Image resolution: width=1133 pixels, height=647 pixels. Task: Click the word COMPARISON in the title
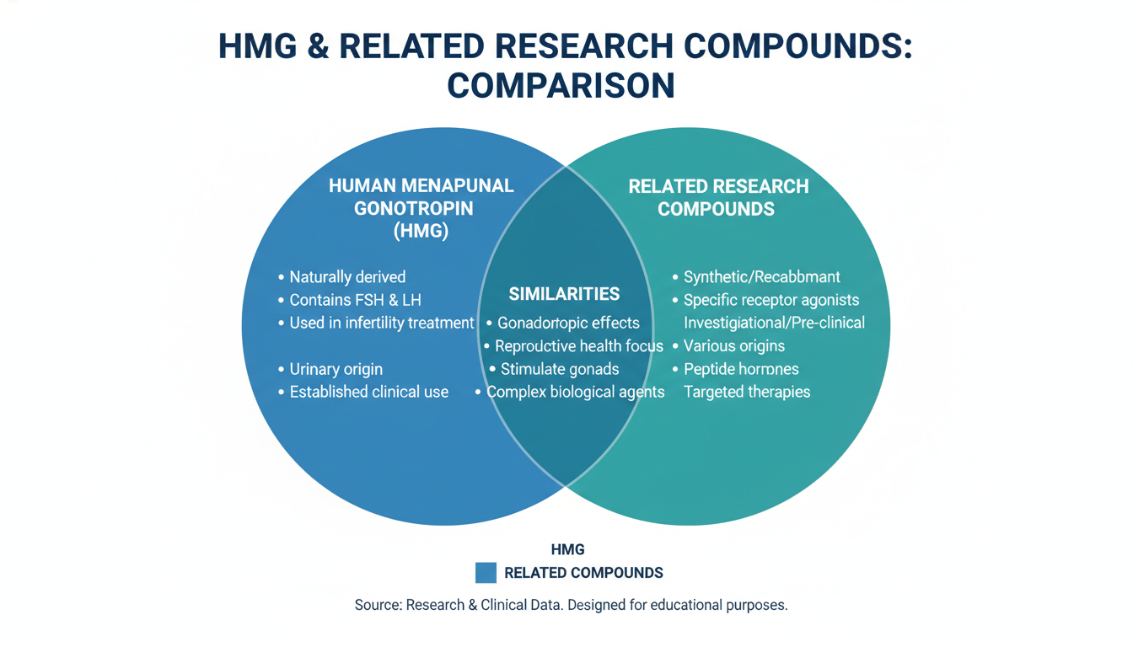click(561, 86)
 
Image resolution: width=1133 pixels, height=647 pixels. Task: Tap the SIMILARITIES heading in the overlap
click(564, 294)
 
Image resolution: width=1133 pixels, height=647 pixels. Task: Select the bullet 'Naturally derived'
click(347, 277)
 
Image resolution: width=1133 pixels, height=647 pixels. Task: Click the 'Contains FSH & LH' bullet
click(355, 300)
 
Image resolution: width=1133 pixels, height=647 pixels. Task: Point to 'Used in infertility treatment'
click(381, 323)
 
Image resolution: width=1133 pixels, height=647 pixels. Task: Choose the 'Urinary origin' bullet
click(336, 369)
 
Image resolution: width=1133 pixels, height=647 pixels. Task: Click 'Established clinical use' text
click(368, 392)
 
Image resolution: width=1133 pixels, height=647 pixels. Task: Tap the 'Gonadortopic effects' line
click(568, 323)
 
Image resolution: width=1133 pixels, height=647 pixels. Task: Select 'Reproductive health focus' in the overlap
click(578, 346)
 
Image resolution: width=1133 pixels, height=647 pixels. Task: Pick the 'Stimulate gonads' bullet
click(560, 369)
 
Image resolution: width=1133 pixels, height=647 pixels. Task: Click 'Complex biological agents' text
click(575, 392)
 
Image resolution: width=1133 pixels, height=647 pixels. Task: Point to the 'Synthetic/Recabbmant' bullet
click(761, 277)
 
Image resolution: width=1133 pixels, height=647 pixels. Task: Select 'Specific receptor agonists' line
click(771, 300)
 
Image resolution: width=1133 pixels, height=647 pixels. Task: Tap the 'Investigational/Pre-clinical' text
click(774, 323)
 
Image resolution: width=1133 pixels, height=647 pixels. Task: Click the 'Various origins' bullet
click(733, 346)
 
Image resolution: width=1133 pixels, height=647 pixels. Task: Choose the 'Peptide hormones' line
click(741, 369)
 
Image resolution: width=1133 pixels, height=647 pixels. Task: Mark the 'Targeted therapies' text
click(746, 392)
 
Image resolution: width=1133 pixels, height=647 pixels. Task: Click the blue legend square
click(486, 573)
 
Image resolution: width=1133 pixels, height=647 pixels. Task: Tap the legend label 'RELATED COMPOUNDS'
click(583, 573)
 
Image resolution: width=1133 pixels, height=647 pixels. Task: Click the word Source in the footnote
click(378, 605)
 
